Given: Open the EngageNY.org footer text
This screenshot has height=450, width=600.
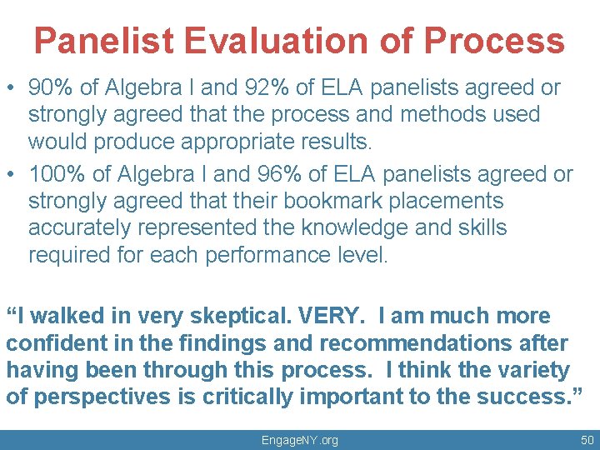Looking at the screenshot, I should pos(300,440).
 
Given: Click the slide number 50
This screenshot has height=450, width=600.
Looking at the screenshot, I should pos(587,439).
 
